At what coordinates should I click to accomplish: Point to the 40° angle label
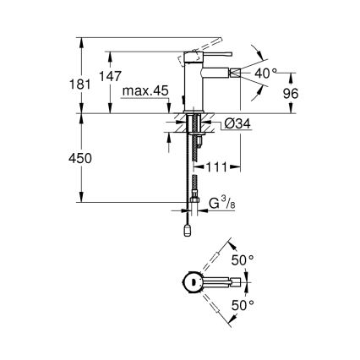coord(265,74)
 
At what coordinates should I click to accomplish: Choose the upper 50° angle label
coord(243,260)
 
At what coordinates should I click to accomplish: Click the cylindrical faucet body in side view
coord(193,80)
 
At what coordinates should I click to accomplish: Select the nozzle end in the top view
coord(229,281)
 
